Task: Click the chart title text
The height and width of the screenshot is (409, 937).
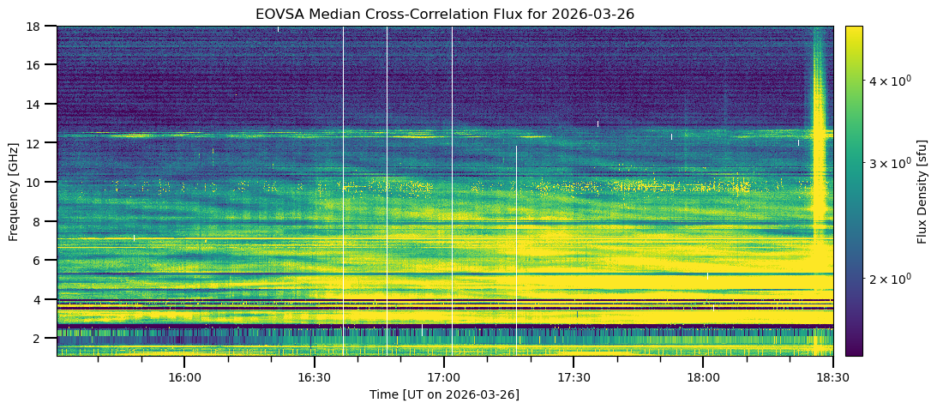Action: [444, 13]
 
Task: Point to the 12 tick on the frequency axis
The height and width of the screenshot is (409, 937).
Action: [54, 143]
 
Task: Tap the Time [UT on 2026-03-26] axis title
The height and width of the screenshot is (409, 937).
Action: [444, 394]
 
